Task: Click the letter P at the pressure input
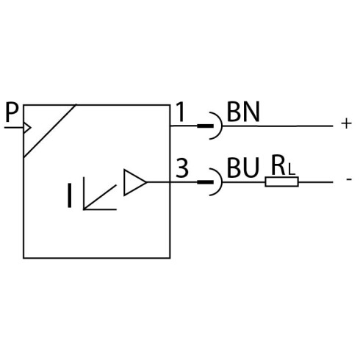[x=12, y=112]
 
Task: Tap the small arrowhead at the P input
[x=27, y=128]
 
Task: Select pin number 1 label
[x=180, y=112]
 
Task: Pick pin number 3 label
[x=182, y=168]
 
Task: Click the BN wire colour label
[x=243, y=112]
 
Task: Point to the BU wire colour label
[x=242, y=168]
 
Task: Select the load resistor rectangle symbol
[x=281, y=182]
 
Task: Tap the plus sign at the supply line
[x=346, y=123]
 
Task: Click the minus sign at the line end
[x=349, y=179]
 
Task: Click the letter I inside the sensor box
[x=70, y=195]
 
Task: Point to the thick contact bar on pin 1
[x=205, y=126]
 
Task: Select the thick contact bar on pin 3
[x=205, y=182]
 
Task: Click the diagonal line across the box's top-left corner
[x=50, y=131]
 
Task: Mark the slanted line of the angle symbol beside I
[x=100, y=197]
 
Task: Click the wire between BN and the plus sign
[x=277, y=126]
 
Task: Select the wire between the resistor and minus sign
[x=316, y=182]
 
